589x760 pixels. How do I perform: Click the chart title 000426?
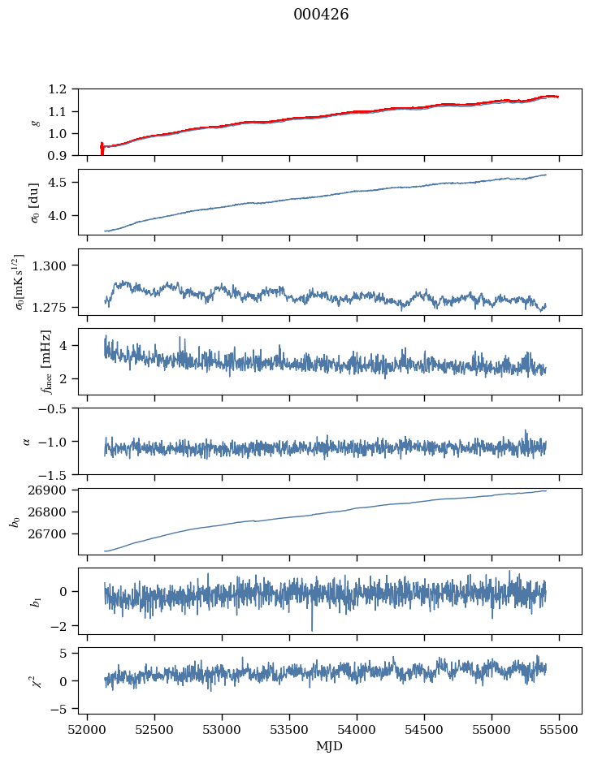321,15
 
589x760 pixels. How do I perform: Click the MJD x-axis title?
330,746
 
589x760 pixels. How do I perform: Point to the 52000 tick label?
88,730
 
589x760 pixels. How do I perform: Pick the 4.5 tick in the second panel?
62,183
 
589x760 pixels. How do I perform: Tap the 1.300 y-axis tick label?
54,266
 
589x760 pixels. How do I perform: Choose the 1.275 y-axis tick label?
54,308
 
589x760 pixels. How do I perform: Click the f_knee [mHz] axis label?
45,361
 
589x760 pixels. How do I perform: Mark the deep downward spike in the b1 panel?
311,628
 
